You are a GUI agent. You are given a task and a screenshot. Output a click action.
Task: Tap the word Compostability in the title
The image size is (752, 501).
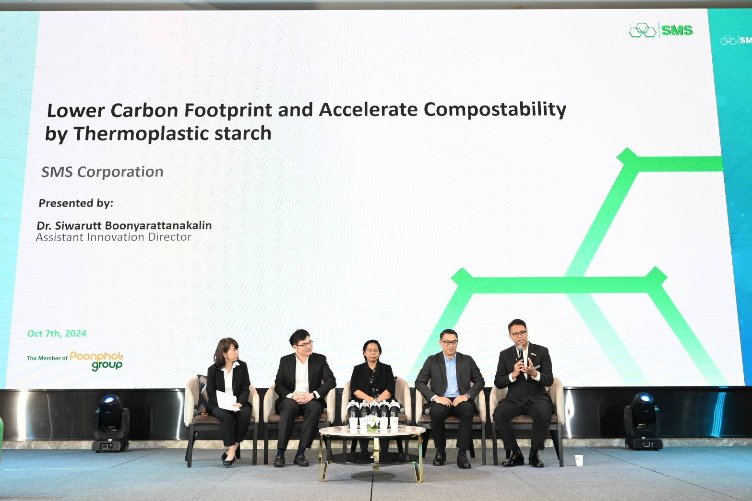pyautogui.click(x=495, y=110)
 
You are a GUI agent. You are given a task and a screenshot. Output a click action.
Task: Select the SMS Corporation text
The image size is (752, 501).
pyautogui.click(x=102, y=172)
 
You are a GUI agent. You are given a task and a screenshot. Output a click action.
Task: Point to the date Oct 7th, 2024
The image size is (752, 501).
pyautogui.click(x=57, y=333)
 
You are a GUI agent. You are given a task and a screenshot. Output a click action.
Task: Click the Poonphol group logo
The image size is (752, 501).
pyautogui.click(x=96, y=361)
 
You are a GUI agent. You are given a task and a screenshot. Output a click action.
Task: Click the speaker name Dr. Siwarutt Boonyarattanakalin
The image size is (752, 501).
pyautogui.click(x=124, y=225)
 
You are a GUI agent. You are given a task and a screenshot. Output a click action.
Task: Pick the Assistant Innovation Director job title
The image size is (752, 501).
pyautogui.click(x=113, y=237)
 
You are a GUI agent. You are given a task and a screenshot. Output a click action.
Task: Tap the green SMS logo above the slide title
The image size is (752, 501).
pyautogui.click(x=661, y=31)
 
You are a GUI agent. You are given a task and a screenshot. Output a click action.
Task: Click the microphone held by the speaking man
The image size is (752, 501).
pyautogui.click(x=521, y=353)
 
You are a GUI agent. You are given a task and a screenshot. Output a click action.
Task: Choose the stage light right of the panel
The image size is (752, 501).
pyautogui.click(x=642, y=421)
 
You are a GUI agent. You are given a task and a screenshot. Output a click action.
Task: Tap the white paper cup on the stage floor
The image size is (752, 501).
pyautogui.click(x=578, y=460)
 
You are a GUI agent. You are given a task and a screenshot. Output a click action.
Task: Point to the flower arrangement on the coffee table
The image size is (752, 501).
pyautogui.click(x=372, y=422)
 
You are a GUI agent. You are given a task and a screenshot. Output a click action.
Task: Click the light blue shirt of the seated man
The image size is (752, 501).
pyautogui.click(x=451, y=375)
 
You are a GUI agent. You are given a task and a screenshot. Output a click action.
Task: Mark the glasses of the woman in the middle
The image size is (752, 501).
pyautogui.click(x=372, y=351)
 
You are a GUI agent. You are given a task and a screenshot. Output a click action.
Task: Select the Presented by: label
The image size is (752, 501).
pyautogui.click(x=76, y=203)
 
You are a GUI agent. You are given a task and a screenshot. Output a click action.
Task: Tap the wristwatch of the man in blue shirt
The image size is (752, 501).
pyautogui.click(x=467, y=396)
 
